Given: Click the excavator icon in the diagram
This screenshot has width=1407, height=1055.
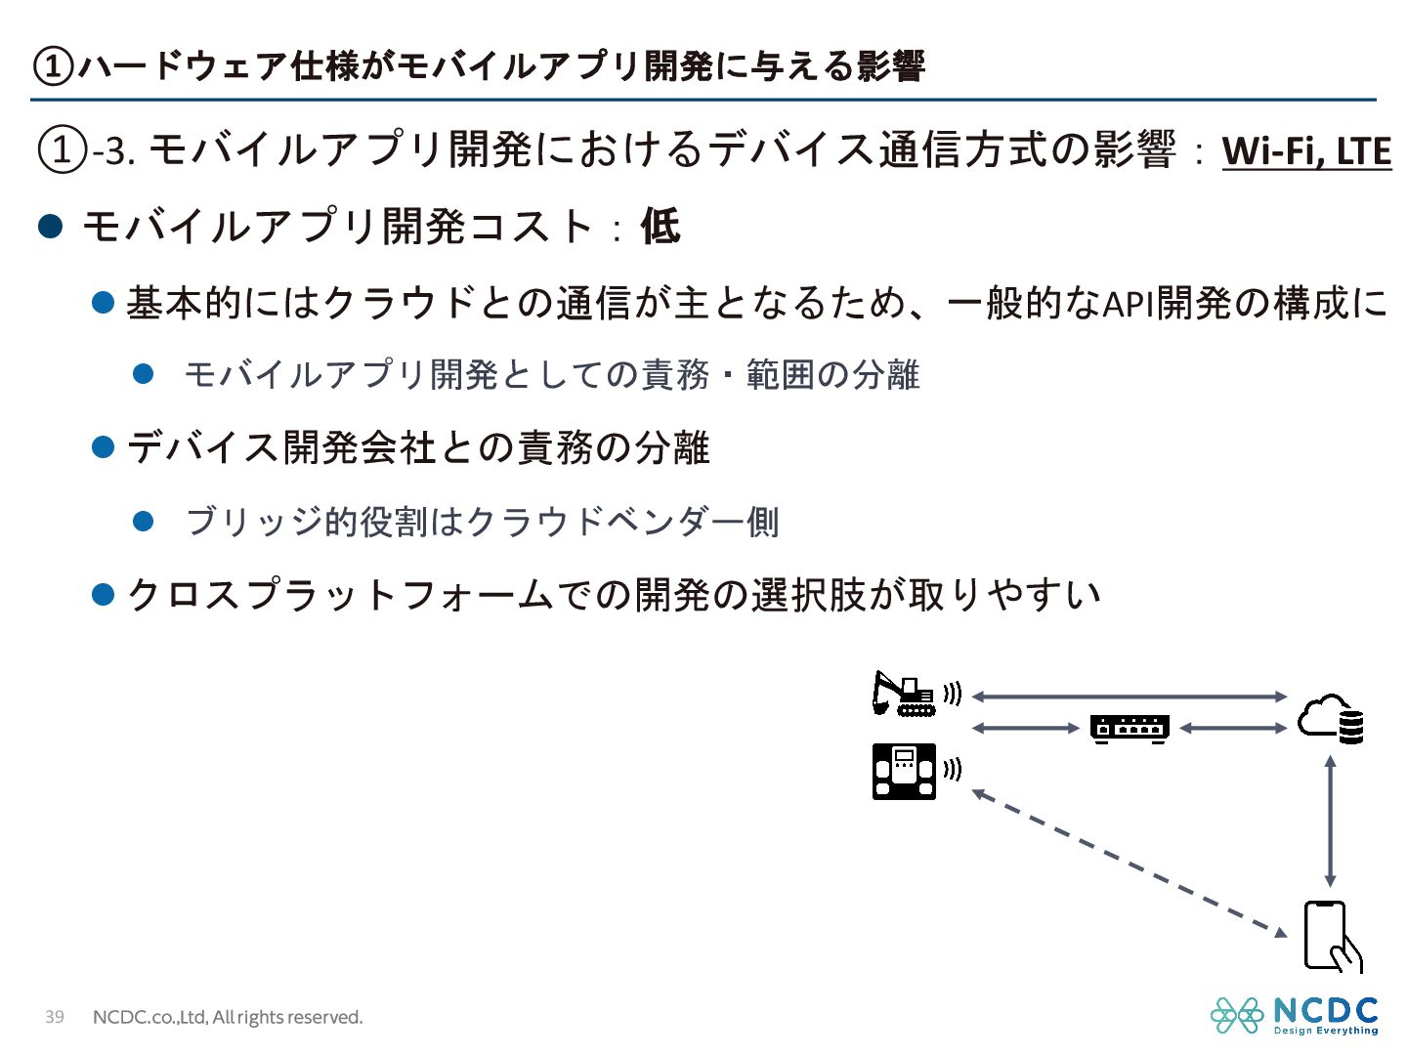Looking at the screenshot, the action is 904,695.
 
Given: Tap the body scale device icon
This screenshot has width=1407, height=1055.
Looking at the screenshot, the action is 904,771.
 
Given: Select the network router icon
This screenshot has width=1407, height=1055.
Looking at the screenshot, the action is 1130,729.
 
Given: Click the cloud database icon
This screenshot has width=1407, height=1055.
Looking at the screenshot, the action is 1331,720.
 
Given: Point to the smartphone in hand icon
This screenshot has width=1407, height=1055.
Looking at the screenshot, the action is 1331,937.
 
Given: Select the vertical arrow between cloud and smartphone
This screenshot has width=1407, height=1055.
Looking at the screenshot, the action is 1330,821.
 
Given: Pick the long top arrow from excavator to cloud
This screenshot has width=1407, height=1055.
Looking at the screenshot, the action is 1130,696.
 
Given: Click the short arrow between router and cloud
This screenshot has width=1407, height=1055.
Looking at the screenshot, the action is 1233,729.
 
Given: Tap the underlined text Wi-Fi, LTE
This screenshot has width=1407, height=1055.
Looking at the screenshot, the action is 1306,151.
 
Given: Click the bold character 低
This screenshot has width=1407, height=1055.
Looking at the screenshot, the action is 660,227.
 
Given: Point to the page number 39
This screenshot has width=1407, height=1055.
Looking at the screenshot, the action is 55,1017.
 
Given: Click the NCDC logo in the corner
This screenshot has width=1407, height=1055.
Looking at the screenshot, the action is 1295,1015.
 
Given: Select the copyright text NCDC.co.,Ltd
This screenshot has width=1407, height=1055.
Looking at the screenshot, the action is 228,1017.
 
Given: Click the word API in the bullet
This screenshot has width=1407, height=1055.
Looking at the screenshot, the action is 1129,304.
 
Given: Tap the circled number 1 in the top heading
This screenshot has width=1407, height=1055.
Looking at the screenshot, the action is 53,66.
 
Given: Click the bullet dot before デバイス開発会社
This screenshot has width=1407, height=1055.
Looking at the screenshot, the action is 104,447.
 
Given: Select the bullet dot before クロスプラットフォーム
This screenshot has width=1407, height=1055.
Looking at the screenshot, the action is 104,594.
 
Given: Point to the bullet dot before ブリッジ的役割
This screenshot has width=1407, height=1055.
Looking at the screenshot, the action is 144,521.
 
